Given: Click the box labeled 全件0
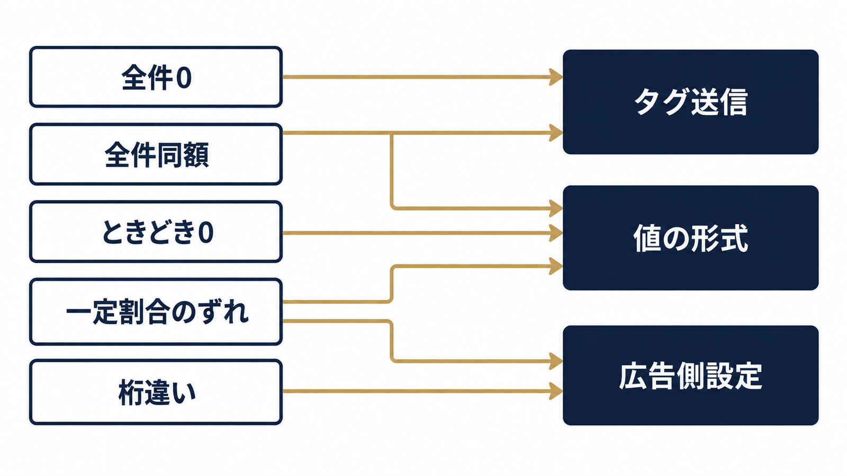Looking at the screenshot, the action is (156, 77).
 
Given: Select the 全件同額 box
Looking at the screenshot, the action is (156, 154).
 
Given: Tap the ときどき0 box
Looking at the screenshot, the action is (156, 232).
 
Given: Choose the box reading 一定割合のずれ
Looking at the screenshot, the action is (156, 312).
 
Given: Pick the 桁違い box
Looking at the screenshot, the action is (156, 392).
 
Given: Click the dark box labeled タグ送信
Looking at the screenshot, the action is (690, 102).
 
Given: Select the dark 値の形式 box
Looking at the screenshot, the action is (690, 238).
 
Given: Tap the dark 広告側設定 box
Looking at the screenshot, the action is (690, 376).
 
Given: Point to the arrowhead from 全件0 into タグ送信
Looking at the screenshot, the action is (556, 77).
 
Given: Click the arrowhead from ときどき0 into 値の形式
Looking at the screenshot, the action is (556, 233).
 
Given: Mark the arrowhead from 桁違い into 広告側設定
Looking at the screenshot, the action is (556, 391).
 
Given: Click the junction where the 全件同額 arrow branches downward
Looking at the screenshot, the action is (392, 133).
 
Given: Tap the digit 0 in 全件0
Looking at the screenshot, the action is (184, 78).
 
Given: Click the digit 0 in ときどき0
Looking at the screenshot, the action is (206, 232).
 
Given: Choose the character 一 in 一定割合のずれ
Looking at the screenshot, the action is (78, 313).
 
